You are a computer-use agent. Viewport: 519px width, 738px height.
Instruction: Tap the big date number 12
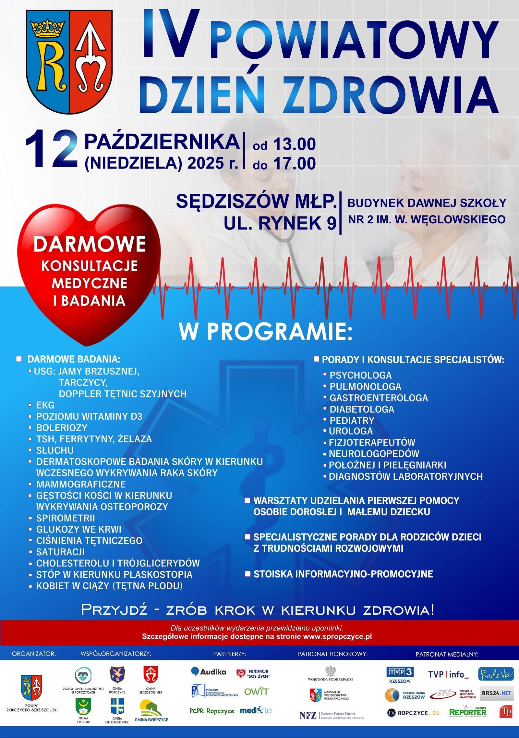coord(52,149)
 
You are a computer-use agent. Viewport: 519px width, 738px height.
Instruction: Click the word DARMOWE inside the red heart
coord(90,244)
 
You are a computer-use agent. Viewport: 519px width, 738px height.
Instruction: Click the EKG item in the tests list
coord(45,405)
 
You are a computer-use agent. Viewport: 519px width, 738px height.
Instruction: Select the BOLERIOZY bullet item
coord(62,427)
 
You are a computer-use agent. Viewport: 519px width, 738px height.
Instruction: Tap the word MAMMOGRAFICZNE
coord(81,484)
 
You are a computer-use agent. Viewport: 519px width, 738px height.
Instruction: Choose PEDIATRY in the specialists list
coord(352,420)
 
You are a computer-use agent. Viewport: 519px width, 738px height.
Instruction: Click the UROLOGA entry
coord(351,431)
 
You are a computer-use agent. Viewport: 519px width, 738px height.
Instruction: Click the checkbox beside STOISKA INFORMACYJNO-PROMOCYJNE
coord(247,574)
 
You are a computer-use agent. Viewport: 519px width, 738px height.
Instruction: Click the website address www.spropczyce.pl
coord(337,636)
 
